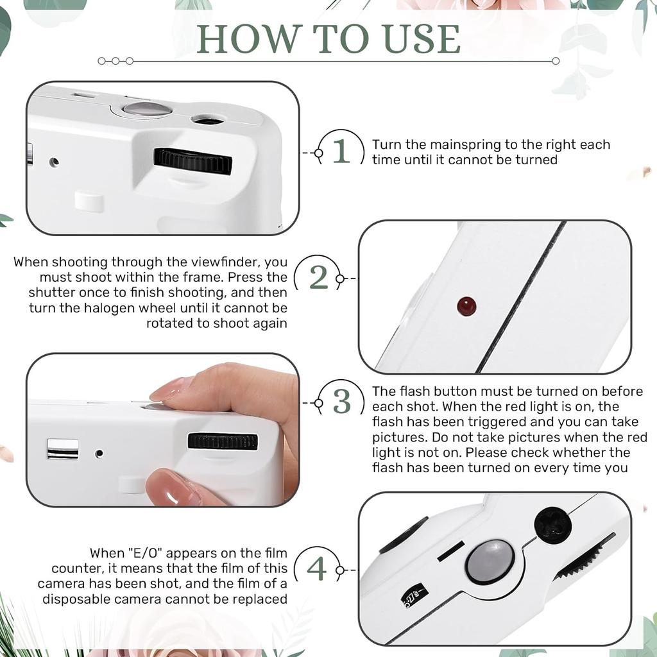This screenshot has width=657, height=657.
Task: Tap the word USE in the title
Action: pyautogui.click(x=422, y=39)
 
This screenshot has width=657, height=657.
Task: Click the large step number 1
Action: pyautogui.click(x=341, y=151)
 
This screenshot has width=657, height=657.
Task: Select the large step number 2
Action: pyautogui.click(x=318, y=277)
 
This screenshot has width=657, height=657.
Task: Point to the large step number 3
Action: pyautogui.click(x=342, y=402)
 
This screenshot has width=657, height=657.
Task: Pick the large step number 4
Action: pyautogui.click(x=317, y=568)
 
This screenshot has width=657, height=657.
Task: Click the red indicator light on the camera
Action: pyautogui.click(x=466, y=306)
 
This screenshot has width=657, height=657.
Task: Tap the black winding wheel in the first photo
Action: pyautogui.click(x=192, y=161)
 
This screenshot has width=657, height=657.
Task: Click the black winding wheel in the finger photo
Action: pyautogui.click(x=223, y=441)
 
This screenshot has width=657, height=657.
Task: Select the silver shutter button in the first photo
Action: pyautogui.click(x=147, y=109)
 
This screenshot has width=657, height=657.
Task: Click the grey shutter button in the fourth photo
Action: pyautogui.click(x=490, y=561)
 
